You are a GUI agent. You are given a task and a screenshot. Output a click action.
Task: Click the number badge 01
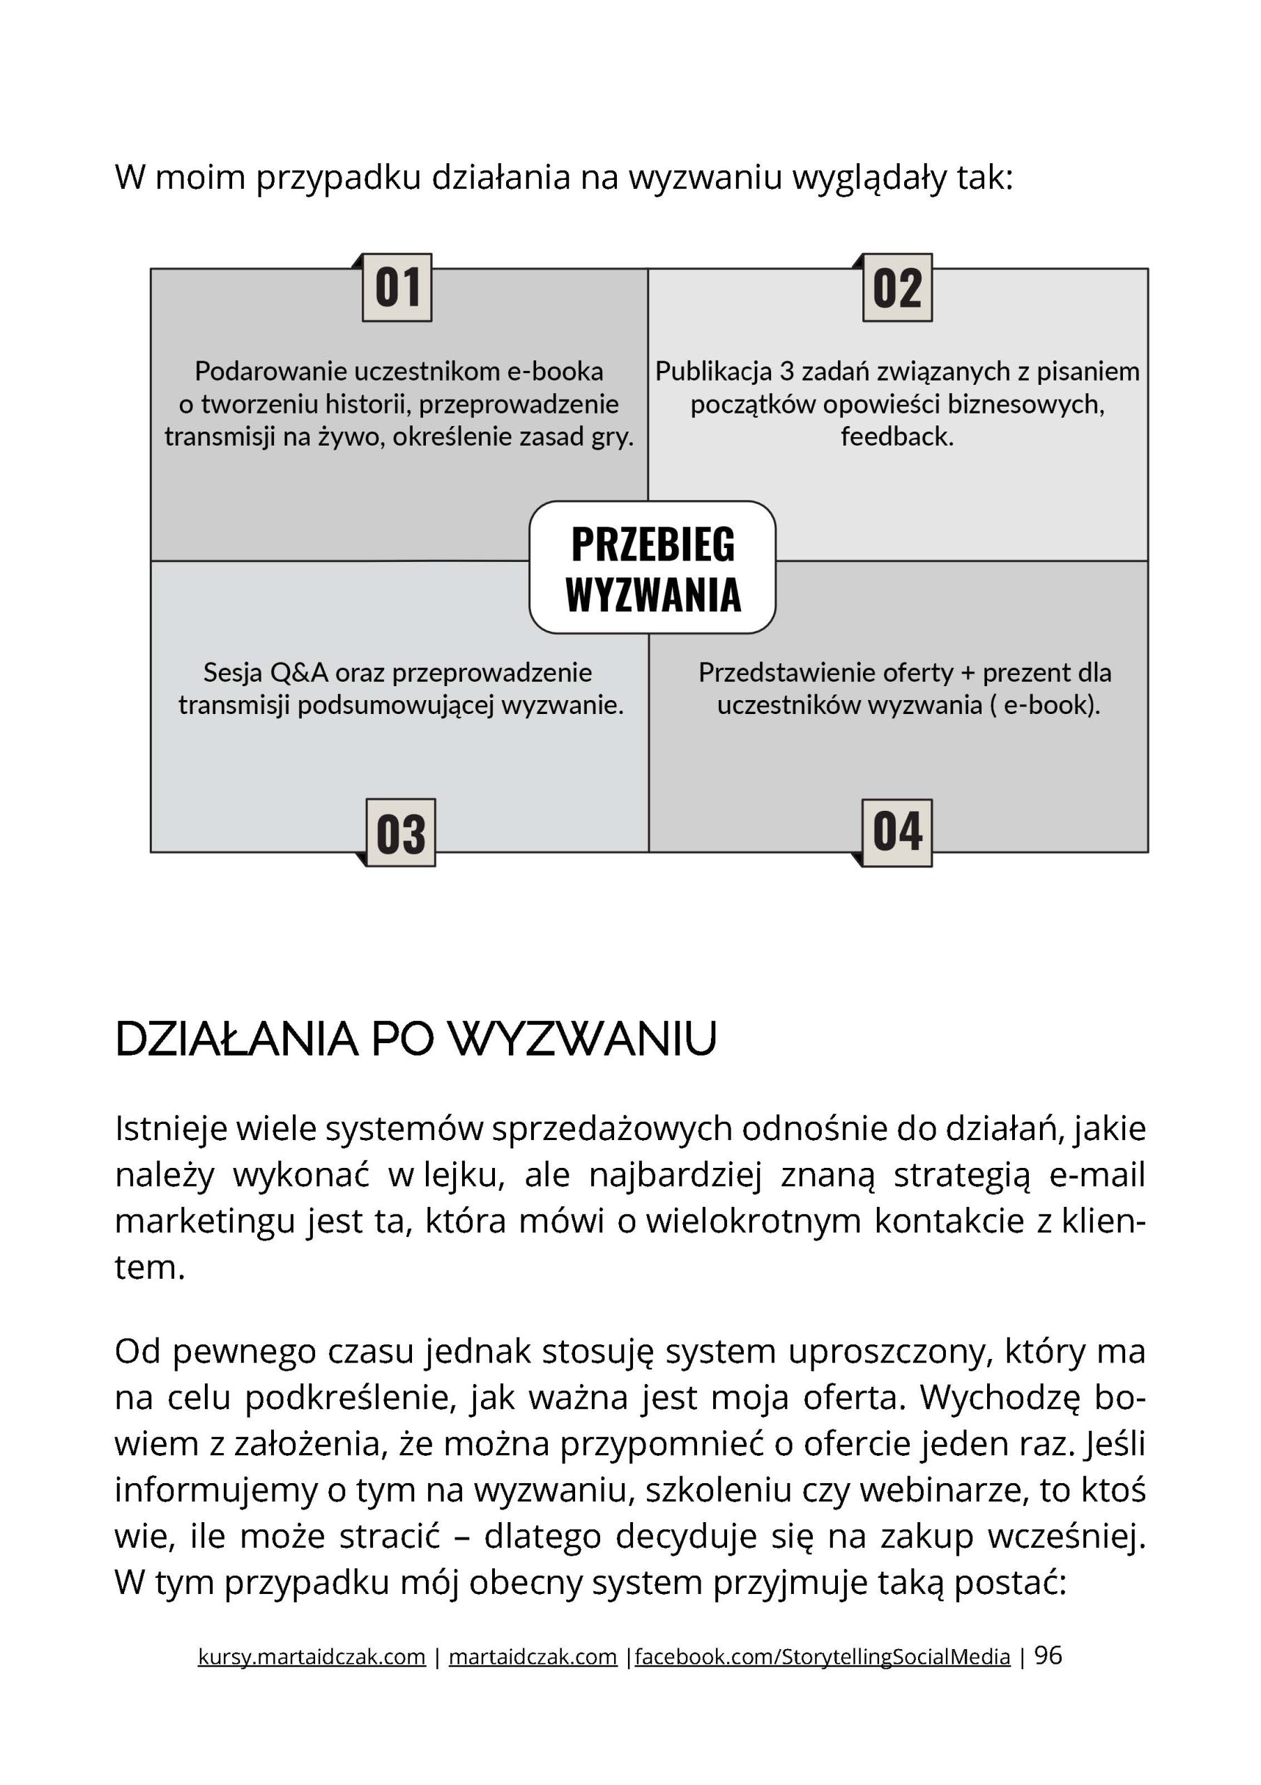point(397,288)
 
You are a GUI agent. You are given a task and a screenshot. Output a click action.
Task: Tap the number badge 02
point(897,288)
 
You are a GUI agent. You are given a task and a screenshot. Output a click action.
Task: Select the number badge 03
point(400,833)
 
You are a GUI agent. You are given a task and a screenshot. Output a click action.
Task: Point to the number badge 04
point(897,833)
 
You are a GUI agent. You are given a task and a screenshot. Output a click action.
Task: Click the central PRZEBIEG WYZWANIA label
point(652,568)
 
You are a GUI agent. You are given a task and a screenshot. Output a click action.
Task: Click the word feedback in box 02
point(896,437)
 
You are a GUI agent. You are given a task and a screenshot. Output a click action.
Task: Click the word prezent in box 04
point(1025,672)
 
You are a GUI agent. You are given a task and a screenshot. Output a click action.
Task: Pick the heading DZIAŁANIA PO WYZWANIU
point(415,1039)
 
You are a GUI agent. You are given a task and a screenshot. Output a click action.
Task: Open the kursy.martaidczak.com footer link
point(312,1657)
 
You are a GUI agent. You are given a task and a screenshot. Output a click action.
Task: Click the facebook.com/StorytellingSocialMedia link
point(822,1657)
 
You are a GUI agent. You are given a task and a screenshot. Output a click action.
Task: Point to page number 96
point(1048,1655)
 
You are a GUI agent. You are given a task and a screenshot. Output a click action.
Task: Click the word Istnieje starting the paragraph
point(170,1129)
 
